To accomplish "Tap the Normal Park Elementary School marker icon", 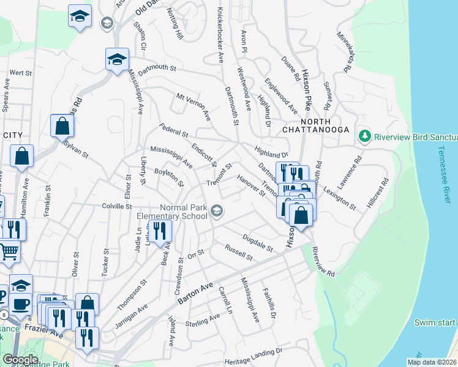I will pyautogui.click(x=216, y=212).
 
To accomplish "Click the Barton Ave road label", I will pyautogui.click(x=194, y=294).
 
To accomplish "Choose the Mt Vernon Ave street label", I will pyautogui.click(x=193, y=106).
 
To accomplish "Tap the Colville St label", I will pyautogui.click(x=117, y=207).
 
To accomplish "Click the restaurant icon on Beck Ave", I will pyautogui.click(x=160, y=231).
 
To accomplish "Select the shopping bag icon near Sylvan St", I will pyautogui.click(x=62, y=126).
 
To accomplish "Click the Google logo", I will pyautogui.click(x=20, y=360).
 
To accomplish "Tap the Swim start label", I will pyautogui.click(x=435, y=322).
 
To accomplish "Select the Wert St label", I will pyautogui.click(x=20, y=73).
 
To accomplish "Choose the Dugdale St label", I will pyautogui.click(x=257, y=242).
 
